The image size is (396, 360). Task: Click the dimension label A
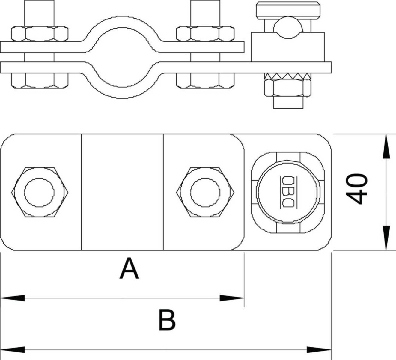[x=129, y=268]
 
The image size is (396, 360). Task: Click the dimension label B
[x=167, y=320]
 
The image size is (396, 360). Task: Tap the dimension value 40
[x=356, y=189]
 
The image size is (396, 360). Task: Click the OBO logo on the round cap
[x=288, y=192]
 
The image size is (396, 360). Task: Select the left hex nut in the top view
[x=40, y=192]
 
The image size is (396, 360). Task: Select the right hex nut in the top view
[x=205, y=192]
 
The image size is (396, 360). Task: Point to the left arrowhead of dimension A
[x=13, y=298]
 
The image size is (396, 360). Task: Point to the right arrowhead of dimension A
[x=232, y=298]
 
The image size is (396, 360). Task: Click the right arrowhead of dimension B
[x=319, y=350]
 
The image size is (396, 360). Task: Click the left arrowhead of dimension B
[x=13, y=350]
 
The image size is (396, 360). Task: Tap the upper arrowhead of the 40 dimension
[x=386, y=146]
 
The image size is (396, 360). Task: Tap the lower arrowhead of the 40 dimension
[x=386, y=238]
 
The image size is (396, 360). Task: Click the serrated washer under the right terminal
[x=287, y=76]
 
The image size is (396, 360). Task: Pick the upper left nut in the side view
[x=40, y=34]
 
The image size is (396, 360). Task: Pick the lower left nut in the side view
[x=40, y=81]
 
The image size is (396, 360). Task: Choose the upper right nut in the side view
[x=205, y=34]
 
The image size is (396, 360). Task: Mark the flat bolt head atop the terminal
[x=288, y=9]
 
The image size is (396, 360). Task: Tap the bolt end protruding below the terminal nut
[x=288, y=102]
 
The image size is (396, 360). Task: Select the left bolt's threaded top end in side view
[x=39, y=13]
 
